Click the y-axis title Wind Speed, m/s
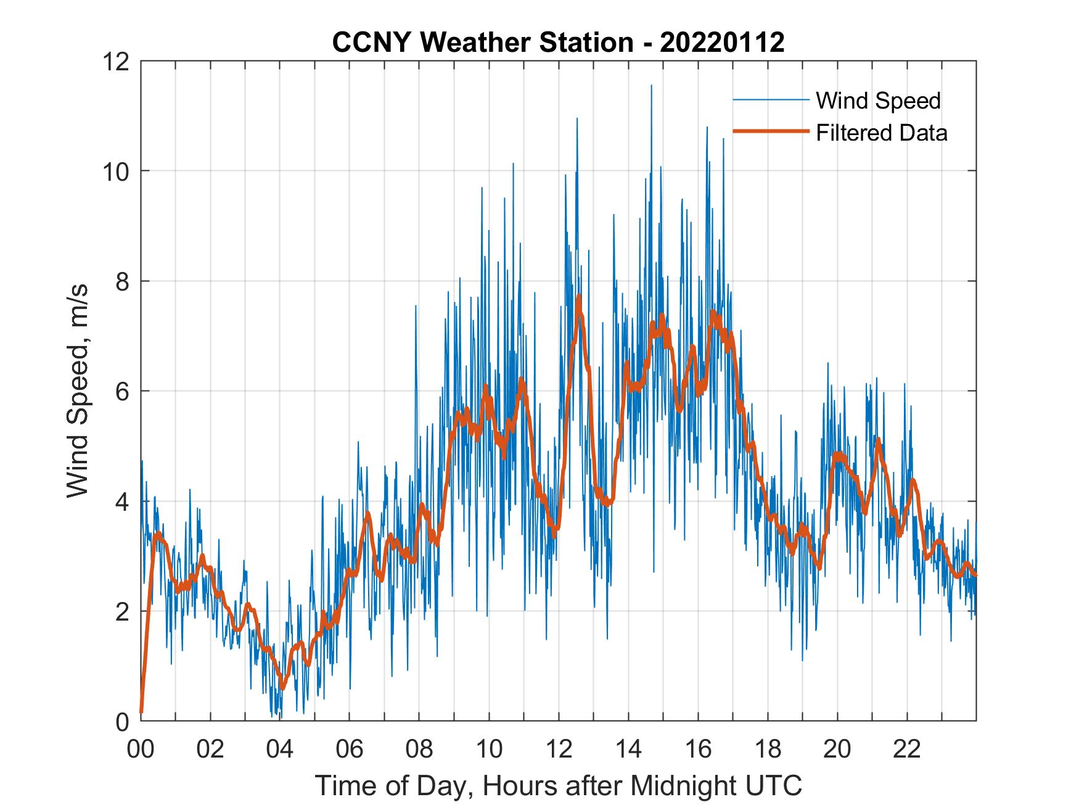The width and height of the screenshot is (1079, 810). tap(78, 391)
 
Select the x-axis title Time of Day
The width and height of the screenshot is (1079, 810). tap(559, 785)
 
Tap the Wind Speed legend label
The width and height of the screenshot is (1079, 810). tap(878, 101)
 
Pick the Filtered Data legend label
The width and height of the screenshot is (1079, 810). tap(881, 133)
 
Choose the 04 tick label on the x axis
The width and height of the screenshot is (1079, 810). tap(280, 749)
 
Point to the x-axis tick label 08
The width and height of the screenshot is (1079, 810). tap(419, 749)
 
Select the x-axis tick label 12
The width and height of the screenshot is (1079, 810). tap(559, 749)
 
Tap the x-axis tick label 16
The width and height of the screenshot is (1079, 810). tap(698, 749)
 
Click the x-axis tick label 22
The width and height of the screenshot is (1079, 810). tap(907, 749)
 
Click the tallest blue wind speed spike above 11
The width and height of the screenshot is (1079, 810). tap(651, 86)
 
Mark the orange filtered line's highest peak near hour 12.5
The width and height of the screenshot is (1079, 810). tap(579, 297)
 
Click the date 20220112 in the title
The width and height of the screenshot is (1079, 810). tap(722, 43)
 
